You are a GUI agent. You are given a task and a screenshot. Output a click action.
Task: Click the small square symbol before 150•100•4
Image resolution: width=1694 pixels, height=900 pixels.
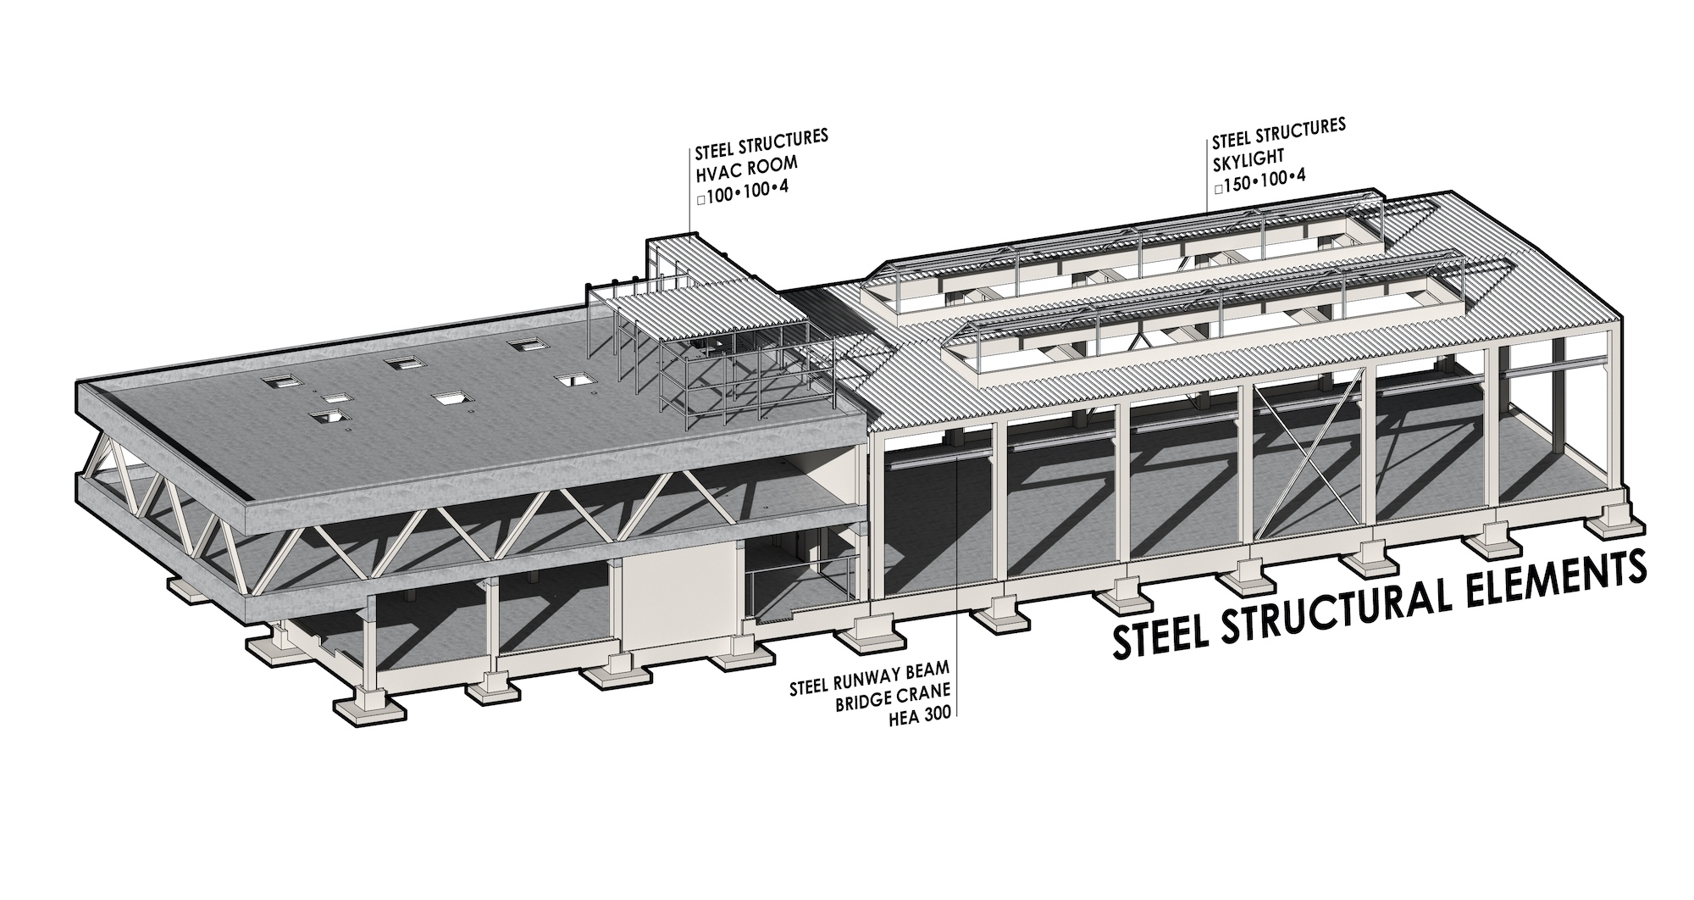(1218, 190)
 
